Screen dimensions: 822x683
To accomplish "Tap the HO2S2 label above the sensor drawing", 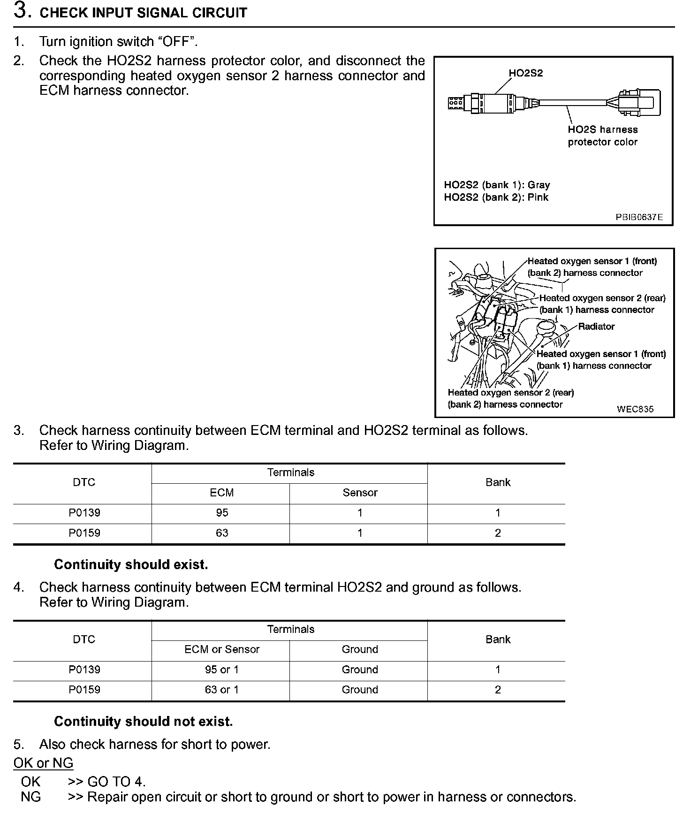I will click(x=525, y=73).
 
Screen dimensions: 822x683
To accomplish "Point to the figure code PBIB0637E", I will click(x=639, y=217).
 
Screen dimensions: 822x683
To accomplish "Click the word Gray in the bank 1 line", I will click(x=539, y=185).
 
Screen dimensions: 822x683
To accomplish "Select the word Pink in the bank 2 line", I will click(x=538, y=197).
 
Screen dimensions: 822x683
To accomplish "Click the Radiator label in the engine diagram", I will click(x=596, y=327).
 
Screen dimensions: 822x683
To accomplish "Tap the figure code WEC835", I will click(x=635, y=409).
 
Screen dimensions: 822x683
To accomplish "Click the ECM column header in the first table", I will click(x=221, y=493).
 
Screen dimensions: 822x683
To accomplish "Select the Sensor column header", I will click(x=360, y=493).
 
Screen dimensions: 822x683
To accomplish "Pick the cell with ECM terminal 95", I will click(x=222, y=513).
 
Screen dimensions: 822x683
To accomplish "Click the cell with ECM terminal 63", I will click(x=222, y=533).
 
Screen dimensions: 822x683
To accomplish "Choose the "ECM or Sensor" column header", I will click(x=221, y=649).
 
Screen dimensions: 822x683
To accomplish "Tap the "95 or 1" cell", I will click(x=221, y=670).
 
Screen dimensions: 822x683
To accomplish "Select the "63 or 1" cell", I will click(x=221, y=690).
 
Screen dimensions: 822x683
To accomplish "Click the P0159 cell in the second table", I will click(x=84, y=690).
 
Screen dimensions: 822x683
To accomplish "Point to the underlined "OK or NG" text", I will click(x=43, y=763).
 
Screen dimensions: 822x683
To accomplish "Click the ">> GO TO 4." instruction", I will click(x=107, y=782).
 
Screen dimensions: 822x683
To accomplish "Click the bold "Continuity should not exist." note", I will click(x=143, y=721).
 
